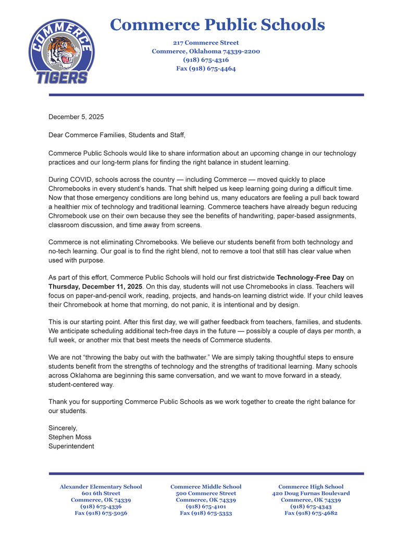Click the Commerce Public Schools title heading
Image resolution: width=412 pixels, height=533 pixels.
(218, 24)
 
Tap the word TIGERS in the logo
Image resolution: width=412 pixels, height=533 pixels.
(62, 78)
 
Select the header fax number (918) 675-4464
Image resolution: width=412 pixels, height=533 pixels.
(206, 68)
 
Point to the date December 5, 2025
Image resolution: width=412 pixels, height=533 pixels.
(76, 117)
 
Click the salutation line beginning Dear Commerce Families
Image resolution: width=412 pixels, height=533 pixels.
(117, 135)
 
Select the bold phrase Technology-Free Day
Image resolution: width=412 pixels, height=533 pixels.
(310, 277)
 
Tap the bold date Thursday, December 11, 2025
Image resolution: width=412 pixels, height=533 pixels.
(95, 286)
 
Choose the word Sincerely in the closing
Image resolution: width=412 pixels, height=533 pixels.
(63, 428)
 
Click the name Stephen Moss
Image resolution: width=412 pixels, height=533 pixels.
(70, 437)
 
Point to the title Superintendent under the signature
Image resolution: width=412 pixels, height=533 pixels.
(71, 446)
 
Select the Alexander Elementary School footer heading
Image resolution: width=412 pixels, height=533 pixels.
(101, 487)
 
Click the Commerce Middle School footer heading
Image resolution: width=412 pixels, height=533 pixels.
(206, 487)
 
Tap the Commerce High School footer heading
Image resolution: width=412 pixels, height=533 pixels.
(311, 487)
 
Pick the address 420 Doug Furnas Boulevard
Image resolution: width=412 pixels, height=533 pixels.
(311, 493)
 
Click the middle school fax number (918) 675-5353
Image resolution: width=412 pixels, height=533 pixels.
(206, 513)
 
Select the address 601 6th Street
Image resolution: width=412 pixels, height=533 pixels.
(101, 493)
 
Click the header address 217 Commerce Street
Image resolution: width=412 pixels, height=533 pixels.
(206, 43)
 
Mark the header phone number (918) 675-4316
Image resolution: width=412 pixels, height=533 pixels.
(206, 60)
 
